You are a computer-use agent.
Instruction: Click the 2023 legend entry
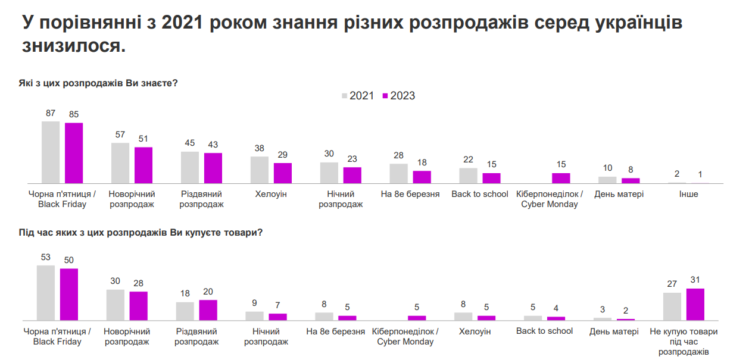(x=398, y=96)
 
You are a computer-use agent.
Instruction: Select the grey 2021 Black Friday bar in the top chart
(x=51, y=152)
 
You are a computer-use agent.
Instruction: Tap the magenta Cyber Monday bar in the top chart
(x=561, y=178)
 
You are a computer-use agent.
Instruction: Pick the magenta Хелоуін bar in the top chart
(x=283, y=173)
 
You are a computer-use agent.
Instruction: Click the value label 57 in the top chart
(x=120, y=134)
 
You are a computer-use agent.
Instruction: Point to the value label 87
(x=51, y=113)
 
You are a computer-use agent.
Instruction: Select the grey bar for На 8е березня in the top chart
(x=399, y=173)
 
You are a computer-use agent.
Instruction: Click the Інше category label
(x=688, y=194)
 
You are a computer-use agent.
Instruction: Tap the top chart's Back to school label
(x=480, y=194)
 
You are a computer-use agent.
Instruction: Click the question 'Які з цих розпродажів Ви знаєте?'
(x=99, y=83)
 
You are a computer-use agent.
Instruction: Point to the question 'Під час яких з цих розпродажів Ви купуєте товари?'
(x=141, y=233)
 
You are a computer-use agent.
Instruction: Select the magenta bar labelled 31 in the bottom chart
(x=695, y=304)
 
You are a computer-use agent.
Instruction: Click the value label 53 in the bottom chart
(x=46, y=257)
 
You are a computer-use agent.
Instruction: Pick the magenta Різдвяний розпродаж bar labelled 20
(x=208, y=310)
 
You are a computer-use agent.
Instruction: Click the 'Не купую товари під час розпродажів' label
(x=684, y=342)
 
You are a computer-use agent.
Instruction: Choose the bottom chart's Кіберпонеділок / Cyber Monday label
(x=405, y=336)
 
